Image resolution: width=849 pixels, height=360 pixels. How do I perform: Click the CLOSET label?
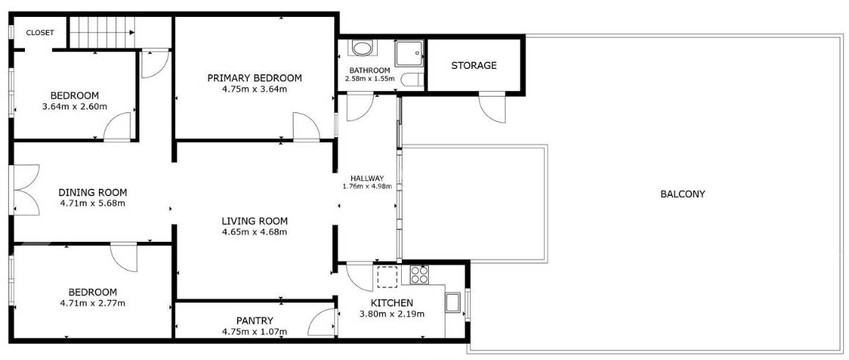[x=40, y=32]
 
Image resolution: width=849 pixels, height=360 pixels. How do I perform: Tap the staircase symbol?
[x=102, y=32]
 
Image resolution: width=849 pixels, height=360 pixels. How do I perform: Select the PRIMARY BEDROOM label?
[x=254, y=78]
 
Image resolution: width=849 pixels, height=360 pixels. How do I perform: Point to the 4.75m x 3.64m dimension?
[x=254, y=89]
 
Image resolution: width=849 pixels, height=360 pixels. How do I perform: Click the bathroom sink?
[x=361, y=48]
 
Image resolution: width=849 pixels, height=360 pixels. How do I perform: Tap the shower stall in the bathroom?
[x=409, y=53]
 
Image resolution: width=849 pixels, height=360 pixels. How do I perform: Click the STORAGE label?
[x=474, y=65]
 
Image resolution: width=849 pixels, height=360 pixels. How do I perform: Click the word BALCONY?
[x=683, y=194]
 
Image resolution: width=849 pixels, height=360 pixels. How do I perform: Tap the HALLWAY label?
[x=367, y=178]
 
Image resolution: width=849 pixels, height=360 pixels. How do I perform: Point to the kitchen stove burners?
[x=419, y=275]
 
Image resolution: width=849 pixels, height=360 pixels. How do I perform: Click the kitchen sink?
[x=452, y=303]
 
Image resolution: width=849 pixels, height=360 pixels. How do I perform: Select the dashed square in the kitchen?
[x=388, y=276]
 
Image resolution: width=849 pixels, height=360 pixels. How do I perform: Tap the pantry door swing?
[x=322, y=323]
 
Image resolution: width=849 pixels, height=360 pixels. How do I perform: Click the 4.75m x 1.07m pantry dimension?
[x=254, y=332]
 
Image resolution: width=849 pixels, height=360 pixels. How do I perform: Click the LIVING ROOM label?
[x=254, y=221]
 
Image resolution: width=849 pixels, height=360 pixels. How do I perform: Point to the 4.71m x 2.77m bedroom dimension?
[x=92, y=303]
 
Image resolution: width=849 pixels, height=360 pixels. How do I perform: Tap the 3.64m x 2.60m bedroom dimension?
[x=74, y=106]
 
